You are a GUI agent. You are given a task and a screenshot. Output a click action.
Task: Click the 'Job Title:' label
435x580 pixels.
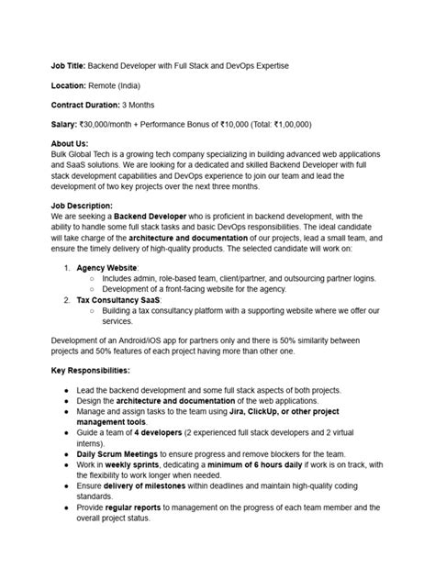[70, 66]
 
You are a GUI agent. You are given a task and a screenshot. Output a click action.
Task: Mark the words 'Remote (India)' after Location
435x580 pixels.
[128, 85]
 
